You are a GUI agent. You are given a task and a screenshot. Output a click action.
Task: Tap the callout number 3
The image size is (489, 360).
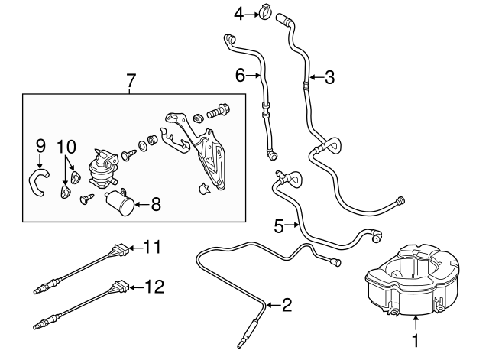pyautogui.click(x=329, y=76)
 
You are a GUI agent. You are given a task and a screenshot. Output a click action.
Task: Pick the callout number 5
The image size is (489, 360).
pyautogui.click(x=279, y=225)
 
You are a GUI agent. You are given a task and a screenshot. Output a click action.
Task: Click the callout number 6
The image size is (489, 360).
pyautogui.click(x=239, y=75)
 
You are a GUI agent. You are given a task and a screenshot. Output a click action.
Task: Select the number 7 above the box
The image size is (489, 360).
pyautogui.click(x=130, y=79)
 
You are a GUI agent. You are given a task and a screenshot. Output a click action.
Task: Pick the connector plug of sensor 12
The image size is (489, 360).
pyautogui.click(x=119, y=289)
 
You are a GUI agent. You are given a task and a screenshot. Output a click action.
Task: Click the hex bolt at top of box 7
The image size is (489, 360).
pyautogui.click(x=217, y=111)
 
